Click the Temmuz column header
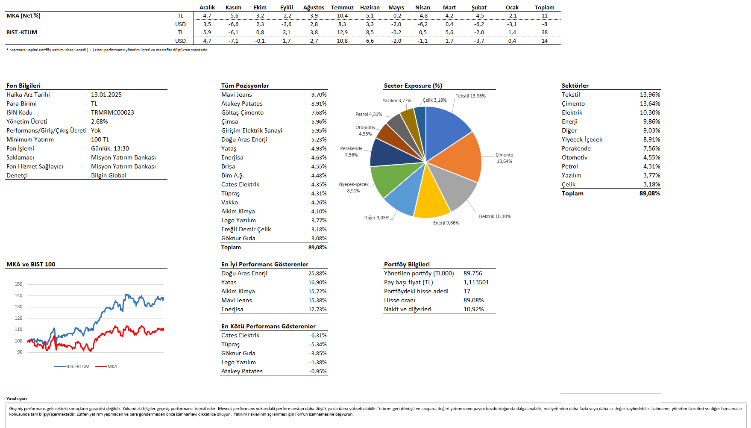coord(342,7)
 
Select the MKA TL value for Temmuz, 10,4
coord(342,16)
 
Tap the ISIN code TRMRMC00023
coord(112,112)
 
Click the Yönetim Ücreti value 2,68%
coord(99,121)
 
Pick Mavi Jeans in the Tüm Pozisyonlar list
coord(237,94)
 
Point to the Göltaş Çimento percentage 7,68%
coord(319,112)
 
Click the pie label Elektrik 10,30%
coord(494,216)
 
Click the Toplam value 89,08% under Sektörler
coord(649,193)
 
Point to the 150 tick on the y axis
coord(18,284)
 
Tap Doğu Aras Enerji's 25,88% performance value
coord(317,273)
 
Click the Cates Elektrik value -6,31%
coord(318,335)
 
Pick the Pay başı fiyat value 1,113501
coord(476,282)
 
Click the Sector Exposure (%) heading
coord(413,86)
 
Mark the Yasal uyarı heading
coord(17,399)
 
